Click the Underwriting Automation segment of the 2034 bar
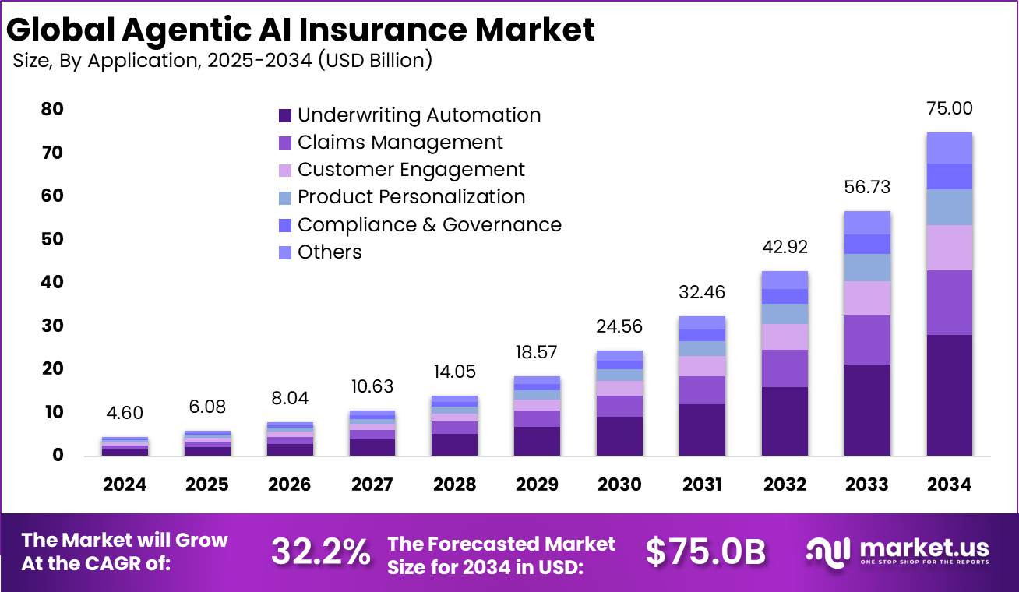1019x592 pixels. tap(950, 395)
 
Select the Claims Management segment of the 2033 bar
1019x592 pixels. tap(867, 340)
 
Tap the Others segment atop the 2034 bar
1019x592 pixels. tap(950, 147)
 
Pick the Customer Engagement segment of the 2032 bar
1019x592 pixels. tap(785, 337)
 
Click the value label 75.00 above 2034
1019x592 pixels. tap(950, 108)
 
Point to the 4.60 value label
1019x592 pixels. tap(125, 413)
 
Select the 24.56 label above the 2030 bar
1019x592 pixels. tap(619, 326)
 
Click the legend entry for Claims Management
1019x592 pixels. tap(400, 143)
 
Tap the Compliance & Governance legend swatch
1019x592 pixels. tap(285, 225)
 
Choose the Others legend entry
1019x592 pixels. tap(330, 252)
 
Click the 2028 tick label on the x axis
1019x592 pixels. tap(454, 485)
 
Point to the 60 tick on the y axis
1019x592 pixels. tap(53, 196)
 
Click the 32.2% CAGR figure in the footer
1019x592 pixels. tap(320, 551)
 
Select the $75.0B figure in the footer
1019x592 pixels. tap(706, 551)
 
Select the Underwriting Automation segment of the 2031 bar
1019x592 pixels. tap(702, 429)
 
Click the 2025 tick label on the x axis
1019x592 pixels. tap(207, 485)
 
